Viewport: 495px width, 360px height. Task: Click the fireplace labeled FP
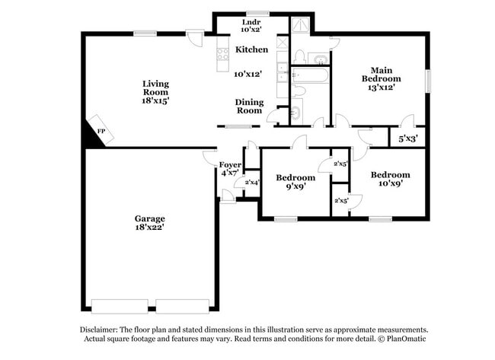click(x=99, y=131)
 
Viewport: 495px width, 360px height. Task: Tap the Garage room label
click(x=149, y=218)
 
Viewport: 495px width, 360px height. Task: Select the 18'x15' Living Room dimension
click(x=155, y=100)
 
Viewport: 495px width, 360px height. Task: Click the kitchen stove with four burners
click(x=223, y=54)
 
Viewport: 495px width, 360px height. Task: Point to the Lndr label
click(x=251, y=22)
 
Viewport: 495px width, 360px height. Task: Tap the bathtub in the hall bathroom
click(x=308, y=75)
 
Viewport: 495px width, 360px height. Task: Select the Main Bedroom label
click(x=381, y=73)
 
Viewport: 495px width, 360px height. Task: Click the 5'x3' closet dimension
click(x=407, y=139)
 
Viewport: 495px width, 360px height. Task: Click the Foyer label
click(x=230, y=165)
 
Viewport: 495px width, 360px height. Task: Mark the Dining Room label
click(x=248, y=106)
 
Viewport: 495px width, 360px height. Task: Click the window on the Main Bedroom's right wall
click(x=427, y=79)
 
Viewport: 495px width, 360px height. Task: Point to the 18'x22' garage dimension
click(x=149, y=227)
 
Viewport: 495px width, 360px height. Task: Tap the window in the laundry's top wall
click(x=251, y=13)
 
